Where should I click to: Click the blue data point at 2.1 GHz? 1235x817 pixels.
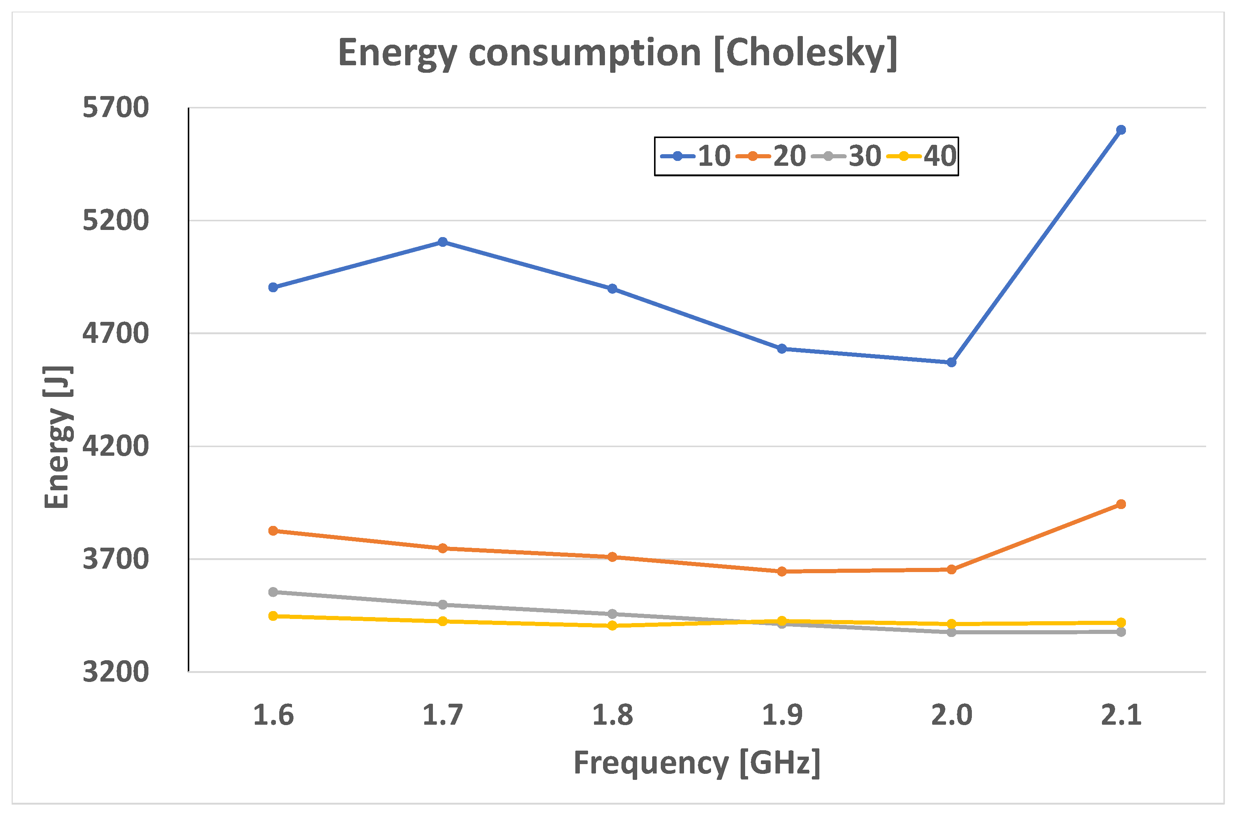click(1121, 130)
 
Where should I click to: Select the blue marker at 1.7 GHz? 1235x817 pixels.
click(443, 242)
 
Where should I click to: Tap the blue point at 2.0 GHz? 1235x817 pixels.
click(951, 362)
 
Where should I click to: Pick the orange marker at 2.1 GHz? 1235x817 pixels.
click(1121, 504)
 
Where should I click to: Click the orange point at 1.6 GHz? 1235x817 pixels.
click(273, 530)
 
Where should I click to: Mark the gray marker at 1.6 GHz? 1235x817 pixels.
click(273, 592)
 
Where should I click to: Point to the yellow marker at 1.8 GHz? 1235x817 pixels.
click(612, 625)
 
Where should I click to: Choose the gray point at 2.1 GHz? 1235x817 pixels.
click(1121, 632)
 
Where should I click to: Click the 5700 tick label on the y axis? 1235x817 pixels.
click(115, 107)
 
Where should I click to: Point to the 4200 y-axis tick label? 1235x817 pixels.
click(115, 446)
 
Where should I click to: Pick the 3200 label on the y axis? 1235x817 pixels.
click(115, 671)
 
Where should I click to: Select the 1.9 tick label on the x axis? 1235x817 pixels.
click(782, 715)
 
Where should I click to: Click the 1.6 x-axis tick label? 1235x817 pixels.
click(273, 715)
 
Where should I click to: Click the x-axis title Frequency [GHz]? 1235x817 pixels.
click(697, 763)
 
